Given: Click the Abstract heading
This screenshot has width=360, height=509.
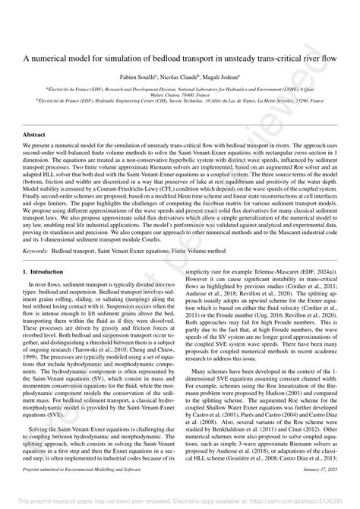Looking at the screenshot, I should coord(35,134).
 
